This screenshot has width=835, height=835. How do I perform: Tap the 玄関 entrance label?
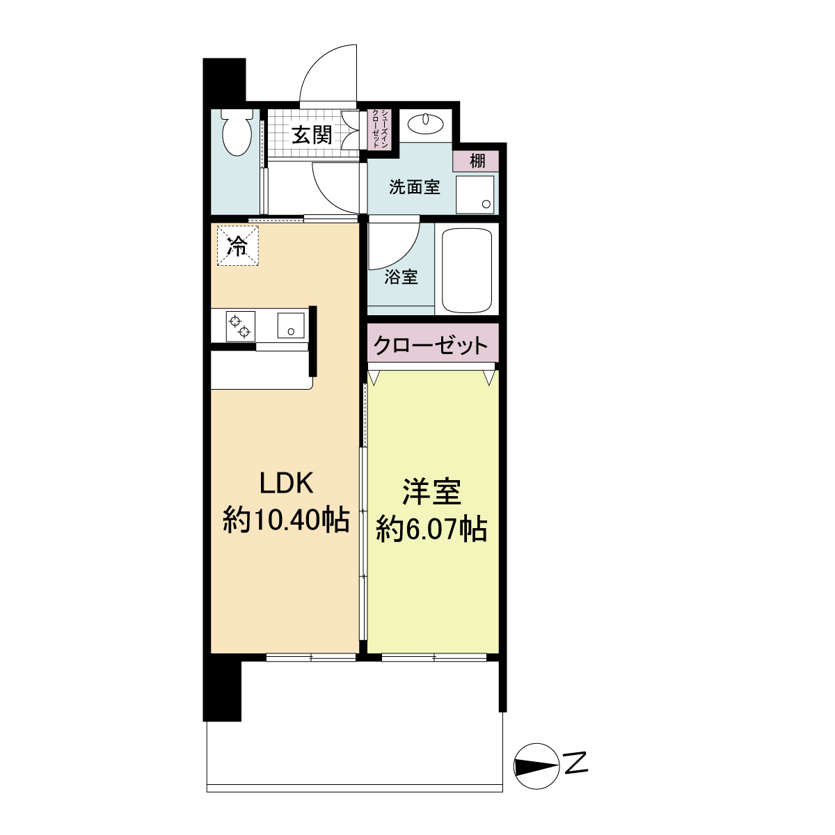(311, 135)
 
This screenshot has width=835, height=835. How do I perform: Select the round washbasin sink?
(426, 124)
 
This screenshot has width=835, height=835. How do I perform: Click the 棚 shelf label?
(477, 161)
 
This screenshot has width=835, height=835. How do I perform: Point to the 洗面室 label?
(414, 186)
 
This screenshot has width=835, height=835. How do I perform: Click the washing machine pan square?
(475, 194)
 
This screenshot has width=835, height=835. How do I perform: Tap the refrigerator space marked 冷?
(237, 246)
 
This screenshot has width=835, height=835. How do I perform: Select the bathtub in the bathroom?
(467, 271)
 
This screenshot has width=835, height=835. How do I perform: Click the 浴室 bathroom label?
(401, 276)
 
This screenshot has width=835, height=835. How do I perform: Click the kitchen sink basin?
(292, 325)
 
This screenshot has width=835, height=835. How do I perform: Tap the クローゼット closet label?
(431, 344)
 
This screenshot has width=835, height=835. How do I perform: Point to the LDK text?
(287, 482)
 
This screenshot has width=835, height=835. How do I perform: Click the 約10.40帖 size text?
(286, 520)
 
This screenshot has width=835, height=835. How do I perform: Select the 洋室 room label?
(432, 492)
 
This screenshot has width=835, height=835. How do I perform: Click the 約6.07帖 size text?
(431, 530)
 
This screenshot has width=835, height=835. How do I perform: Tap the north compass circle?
(536, 766)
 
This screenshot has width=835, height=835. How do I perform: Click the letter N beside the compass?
(576, 764)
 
